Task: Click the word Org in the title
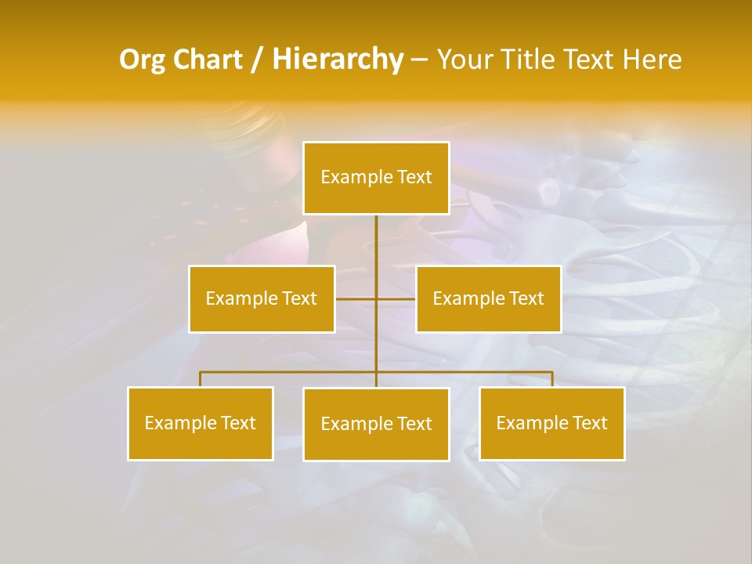143,60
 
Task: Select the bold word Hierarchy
337,60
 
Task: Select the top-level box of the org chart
376,178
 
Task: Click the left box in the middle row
262,298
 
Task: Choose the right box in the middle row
488,298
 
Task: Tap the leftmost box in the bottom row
201,423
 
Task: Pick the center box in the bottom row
376,424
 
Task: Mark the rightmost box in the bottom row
552,423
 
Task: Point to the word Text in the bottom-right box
589,423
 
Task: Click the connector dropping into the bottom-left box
201,379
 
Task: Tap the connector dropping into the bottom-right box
552,379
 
